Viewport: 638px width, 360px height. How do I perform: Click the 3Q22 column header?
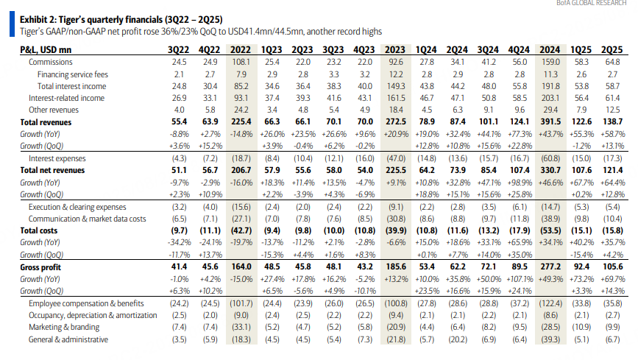click(x=179, y=49)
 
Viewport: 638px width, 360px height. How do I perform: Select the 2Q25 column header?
click(x=612, y=49)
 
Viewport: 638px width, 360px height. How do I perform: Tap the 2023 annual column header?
click(x=395, y=49)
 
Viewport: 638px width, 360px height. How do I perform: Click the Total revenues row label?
click(x=46, y=122)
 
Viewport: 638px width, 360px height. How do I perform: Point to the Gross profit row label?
click(x=40, y=267)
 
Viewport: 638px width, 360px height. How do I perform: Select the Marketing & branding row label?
click(x=64, y=327)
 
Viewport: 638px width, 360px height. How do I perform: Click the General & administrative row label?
click(x=68, y=339)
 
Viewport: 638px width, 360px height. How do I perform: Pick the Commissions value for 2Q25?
click(x=612, y=62)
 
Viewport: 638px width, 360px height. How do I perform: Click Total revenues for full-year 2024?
click(x=550, y=121)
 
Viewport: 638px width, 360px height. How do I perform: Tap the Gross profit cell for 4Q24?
click(x=520, y=267)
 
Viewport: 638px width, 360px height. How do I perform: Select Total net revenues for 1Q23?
click(x=272, y=170)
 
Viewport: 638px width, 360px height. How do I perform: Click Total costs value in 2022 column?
click(x=241, y=230)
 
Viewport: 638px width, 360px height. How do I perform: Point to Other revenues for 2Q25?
click(x=612, y=110)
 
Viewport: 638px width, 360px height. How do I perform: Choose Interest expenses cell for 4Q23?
click(x=364, y=158)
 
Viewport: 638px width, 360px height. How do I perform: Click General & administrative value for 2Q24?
click(x=457, y=339)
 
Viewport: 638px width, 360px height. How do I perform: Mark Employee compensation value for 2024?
click(x=550, y=303)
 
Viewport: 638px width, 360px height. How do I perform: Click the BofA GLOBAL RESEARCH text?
click(x=591, y=3)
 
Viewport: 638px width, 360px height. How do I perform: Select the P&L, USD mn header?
click(x=46, y=50)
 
